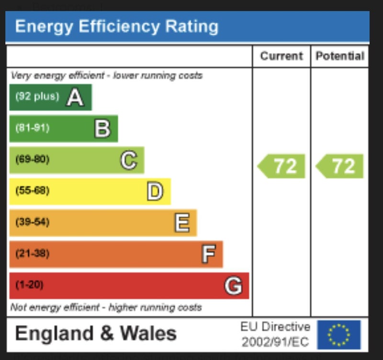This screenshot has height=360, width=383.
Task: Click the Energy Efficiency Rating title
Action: (x=116, y=26)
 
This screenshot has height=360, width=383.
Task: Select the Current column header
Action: (x=282, y=56)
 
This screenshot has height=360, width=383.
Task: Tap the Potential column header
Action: (x=340, y=56)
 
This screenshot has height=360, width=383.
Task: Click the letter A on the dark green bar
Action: (x=75, y=98)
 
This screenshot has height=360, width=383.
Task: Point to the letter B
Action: (x=102, y=129)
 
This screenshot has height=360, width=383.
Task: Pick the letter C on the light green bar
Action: (x=128, y=160)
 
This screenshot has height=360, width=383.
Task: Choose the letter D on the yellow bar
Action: (x=155, y=192)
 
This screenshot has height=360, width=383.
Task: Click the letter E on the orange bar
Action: (x=182, y=223)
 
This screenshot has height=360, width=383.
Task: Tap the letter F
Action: (x=208, y=254)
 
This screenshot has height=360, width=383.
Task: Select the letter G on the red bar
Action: (x=233, y=286)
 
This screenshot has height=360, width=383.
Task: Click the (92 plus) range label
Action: (x=37, y=96)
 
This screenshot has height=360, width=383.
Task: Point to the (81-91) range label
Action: (x=32, y=128)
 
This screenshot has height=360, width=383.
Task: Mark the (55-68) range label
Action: (x=32, y=191)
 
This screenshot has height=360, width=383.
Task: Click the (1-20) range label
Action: (x=29, y=285)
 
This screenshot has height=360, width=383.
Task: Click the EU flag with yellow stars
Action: (x=338, y=335)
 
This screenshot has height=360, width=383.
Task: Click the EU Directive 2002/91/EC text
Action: (x=275, y=335)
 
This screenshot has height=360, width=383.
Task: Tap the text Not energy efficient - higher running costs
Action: (x=106, y=307)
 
